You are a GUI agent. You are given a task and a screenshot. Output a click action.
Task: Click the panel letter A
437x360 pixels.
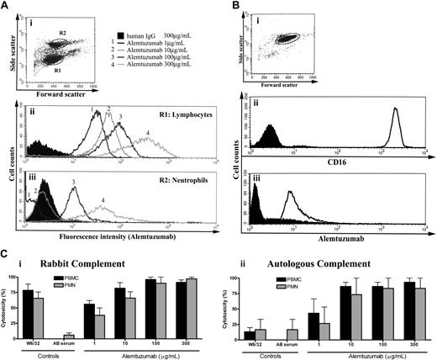click(x=7, y=7)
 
